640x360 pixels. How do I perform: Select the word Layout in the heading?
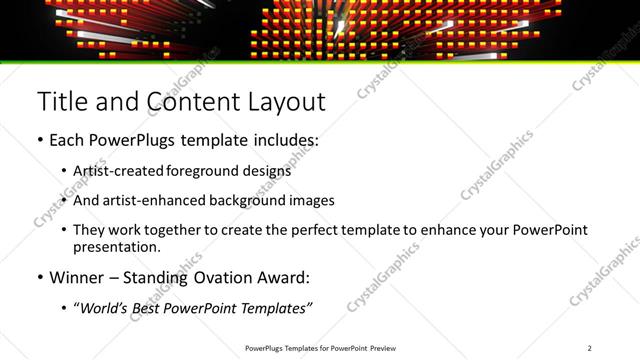coord(286,101)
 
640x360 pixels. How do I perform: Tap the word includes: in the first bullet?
coord(283,140)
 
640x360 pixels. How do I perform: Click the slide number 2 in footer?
coord(589,348)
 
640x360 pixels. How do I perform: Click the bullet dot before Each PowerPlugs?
coord(39,141)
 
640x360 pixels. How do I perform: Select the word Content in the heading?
coord(190,101)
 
